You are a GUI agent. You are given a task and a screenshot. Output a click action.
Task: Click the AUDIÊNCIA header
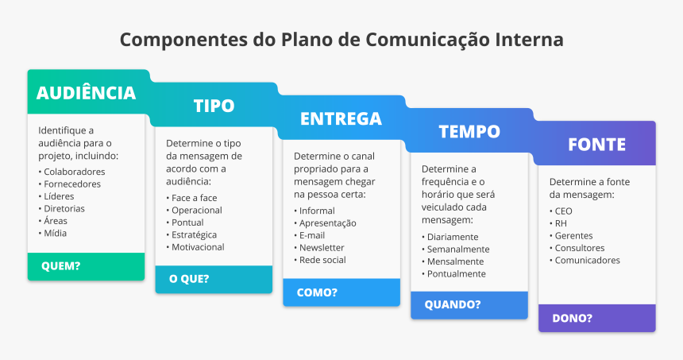pos(86,92)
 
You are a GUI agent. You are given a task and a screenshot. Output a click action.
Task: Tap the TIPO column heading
pos(214,106)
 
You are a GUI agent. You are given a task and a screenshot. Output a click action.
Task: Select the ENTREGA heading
pos(341,118)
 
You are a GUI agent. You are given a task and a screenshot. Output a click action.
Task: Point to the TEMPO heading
pos(469,131)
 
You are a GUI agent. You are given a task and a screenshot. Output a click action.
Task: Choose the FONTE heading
pos(596,144)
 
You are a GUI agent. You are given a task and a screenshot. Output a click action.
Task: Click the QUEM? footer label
pos(61,266)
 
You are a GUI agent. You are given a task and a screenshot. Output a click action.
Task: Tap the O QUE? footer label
pos(189,279)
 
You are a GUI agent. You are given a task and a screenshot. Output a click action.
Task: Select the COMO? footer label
pos(317,292)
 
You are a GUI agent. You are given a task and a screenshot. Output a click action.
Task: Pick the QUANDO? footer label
pos(452,304)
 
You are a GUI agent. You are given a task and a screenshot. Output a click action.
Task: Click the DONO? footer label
pos(572,318)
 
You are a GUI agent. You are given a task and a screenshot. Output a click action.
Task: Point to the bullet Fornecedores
pos(72,184)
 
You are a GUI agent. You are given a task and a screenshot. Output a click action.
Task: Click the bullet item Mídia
pos(56,233)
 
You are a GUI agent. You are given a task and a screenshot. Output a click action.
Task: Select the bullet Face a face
pos(195,197)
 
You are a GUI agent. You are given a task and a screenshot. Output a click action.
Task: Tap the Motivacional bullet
pos(198,246)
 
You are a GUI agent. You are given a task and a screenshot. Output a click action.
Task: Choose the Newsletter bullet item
pos(322,247)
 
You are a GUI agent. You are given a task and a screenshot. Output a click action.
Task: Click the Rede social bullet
pos(322,260)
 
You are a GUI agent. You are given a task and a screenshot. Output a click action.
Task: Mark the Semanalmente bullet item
pos(458,249)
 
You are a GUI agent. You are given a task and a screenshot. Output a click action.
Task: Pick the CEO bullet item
pos(563,211)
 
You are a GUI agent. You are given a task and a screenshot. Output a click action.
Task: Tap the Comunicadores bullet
pos(587,260)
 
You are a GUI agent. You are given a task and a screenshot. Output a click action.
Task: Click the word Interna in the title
pos(528,39)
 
